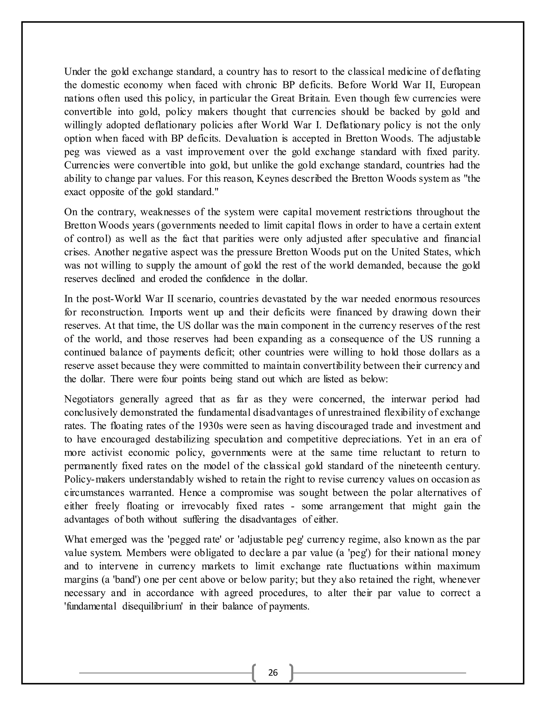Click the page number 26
273,673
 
